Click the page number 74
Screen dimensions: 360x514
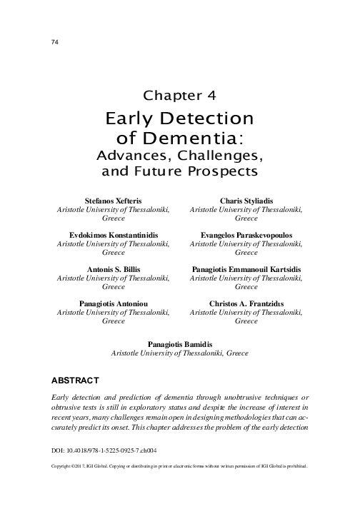[54, 42]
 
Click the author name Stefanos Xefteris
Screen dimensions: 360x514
[114, 201]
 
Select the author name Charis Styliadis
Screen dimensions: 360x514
[246, 201]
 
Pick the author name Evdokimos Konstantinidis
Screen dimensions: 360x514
[114, 235]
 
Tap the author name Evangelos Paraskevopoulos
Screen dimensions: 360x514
[246, 235]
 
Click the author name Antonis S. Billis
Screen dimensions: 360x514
[114, 269]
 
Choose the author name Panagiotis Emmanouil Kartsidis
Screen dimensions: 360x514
[246, 269]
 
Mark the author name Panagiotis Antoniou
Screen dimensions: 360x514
[114, 303]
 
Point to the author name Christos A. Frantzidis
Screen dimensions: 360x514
[246, 303]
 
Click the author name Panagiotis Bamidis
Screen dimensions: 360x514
[179, 343]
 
